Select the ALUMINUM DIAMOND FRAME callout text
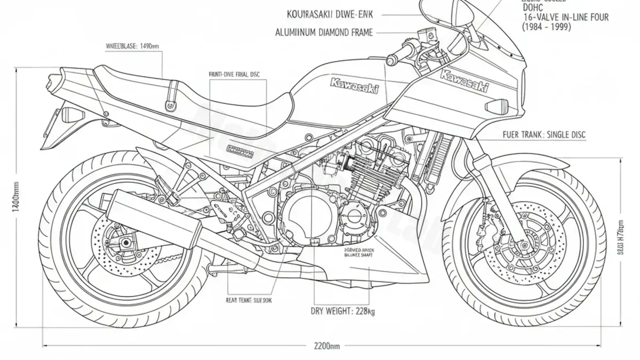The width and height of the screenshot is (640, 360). click(x=324, y=32)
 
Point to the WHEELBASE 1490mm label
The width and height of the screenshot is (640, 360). click(x=133, y=46)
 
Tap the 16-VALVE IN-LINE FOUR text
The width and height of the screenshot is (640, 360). click(x=565, y=17)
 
